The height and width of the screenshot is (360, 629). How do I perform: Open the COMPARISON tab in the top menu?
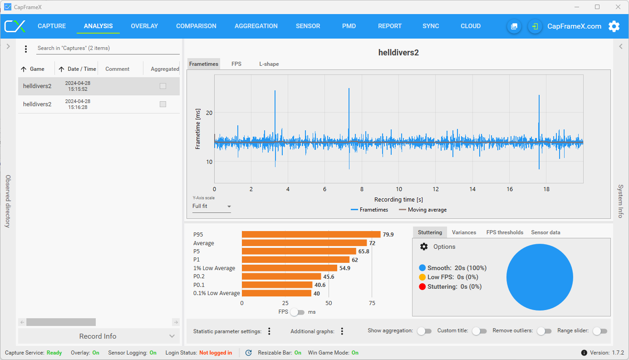coord(196,26)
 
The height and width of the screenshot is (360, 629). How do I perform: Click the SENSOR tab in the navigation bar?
coord(308,26)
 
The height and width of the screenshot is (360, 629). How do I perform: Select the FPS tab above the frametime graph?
coord(236,64)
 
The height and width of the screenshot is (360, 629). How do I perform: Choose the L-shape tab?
coord(269,64)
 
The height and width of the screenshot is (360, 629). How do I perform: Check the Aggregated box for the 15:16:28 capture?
coord(163,104)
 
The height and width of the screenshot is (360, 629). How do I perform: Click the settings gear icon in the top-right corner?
coord(614,26)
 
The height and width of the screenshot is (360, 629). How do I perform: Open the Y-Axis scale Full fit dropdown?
coord(211,206)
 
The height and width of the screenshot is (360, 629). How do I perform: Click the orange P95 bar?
coord(311,235)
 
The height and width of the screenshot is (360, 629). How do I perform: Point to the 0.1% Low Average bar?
coord(276,293)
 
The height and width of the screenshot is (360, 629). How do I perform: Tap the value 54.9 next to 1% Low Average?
coord(345,268)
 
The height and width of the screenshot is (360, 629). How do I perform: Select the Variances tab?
coord(464,232)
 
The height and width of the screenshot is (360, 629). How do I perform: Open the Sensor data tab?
coord(545,232)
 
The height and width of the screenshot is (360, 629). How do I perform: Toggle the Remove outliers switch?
coord(544,331)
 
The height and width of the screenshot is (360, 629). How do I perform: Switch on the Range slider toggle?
coord(600,331)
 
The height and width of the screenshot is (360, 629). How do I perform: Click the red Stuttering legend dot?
coord(422,287)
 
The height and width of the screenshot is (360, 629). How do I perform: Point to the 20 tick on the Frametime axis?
coord(209,113)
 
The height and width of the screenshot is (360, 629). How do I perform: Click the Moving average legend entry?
coord(423,210)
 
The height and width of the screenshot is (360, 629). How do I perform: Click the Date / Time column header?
coord(82,69)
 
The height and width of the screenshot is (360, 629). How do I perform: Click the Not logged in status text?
coord(216,353)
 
